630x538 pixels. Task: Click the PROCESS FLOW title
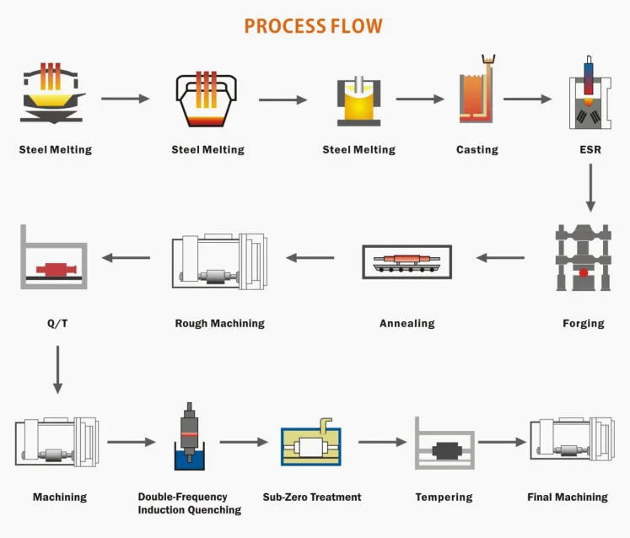point(314,26)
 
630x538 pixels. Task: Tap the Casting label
point(477,150)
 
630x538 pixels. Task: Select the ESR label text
point(590,150)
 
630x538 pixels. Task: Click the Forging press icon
point(584,257)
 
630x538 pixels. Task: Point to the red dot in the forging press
point(584,273)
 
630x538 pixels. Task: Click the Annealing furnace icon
point(407,261)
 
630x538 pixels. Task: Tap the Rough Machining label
point(220,324)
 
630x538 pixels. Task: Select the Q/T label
point(57,324)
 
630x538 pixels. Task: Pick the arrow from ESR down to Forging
point(590,188)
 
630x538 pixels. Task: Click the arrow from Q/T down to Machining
point(58,369)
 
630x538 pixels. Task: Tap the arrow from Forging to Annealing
point(500,257)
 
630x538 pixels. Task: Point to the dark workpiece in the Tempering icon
point(445,450)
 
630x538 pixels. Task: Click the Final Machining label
point(568,498)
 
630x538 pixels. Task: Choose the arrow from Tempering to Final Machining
point(503,442)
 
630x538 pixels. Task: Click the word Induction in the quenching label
point(162,510)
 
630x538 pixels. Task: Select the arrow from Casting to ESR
point(528,99)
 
